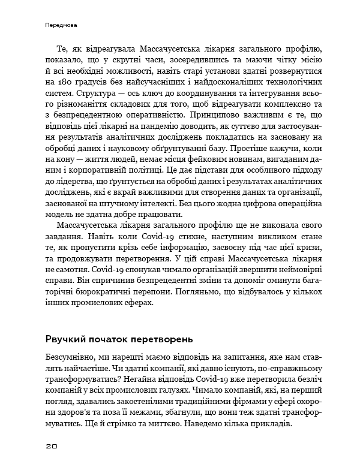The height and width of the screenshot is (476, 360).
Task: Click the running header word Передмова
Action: click(x=62, y=26)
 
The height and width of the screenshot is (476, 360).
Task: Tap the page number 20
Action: click(x=52, y=447)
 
